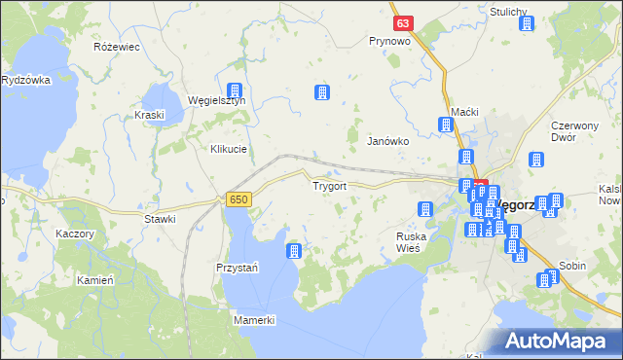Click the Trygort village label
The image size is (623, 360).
(329, 185)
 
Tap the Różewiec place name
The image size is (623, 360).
(117, 47)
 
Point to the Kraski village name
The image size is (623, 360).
(151, 115)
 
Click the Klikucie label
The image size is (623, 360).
(229, 149)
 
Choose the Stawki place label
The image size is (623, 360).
(160, 219)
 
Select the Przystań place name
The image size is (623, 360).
(236, 268)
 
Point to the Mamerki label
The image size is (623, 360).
(256, 320)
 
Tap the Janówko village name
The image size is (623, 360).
(386, 141)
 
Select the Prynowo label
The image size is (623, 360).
(389, 42)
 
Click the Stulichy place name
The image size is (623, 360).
(509, 12)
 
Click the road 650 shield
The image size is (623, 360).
(238, 198)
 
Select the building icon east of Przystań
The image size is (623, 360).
(294, 252)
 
